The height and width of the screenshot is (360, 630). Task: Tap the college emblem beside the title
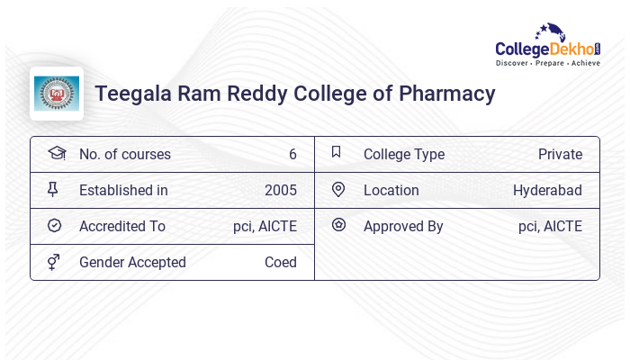pos(57,94)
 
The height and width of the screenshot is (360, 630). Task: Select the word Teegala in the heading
pos(132,94)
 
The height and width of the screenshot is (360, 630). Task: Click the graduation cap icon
pos(56,153)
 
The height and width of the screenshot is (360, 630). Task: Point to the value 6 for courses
pos(292,154)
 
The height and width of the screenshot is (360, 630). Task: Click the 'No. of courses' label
pos(125,154)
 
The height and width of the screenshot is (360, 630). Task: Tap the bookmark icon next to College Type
pos(337,153)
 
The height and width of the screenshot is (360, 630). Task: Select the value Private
pos(560,154)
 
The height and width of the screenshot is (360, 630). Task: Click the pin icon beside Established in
pos(53,189)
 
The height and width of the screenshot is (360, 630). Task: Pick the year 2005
pos(281,190)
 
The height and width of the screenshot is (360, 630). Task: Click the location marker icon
pos(338,189)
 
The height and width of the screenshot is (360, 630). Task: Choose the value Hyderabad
pos(547,190)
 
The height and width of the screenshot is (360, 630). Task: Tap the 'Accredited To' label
pos(122,226)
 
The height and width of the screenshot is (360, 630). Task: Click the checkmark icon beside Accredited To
pos(54,225)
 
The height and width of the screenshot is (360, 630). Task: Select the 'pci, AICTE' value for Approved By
pos(550,226)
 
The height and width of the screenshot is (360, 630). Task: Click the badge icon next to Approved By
pos(338,225)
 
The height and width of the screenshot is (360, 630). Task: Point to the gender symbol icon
pos(54,262)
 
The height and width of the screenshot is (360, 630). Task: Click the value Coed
pos(281,262)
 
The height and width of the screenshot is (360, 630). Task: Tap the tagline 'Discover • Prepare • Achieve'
pos(548,64)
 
